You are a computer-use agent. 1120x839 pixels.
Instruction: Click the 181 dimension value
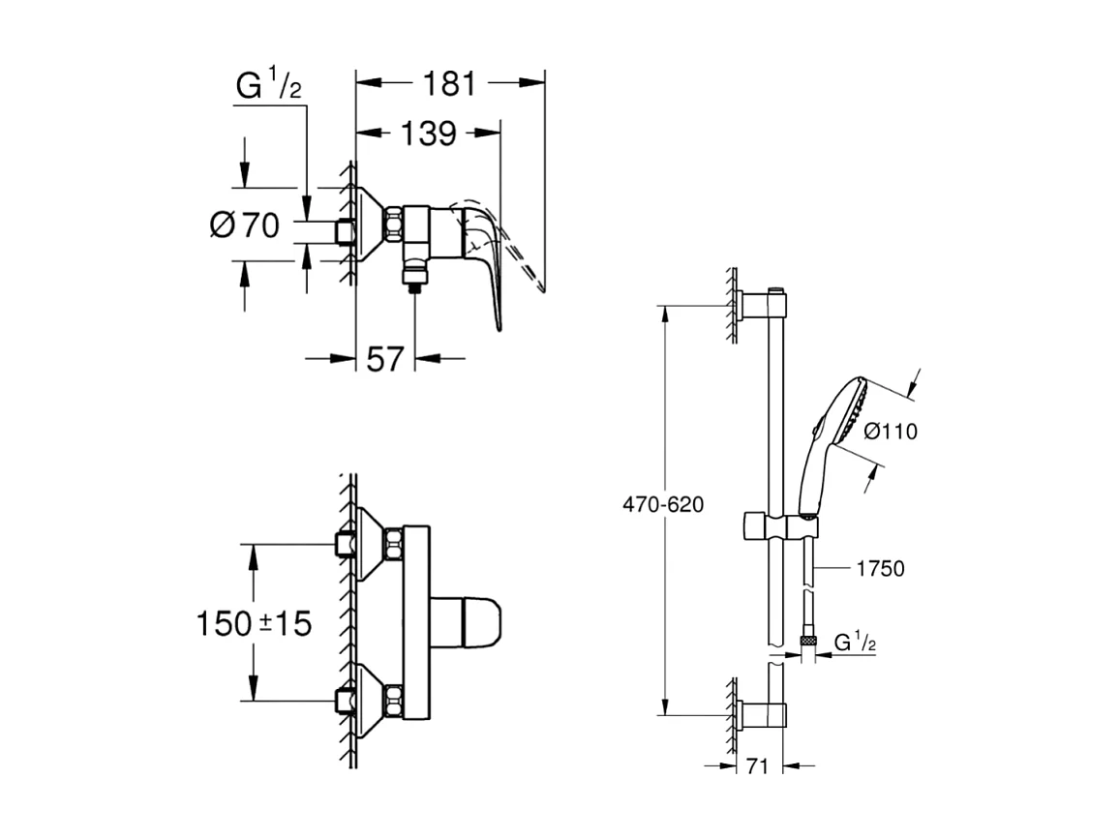click(x=448, y=84)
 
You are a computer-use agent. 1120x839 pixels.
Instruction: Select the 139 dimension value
click(x=428, y=134)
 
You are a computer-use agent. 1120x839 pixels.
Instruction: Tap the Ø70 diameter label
click(x=244, y=225)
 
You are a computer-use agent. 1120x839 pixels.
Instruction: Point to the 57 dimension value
click(x=385, y=359)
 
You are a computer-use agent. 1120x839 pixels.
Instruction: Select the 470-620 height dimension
click(x=664, y=504)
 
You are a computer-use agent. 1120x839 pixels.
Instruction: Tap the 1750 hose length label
click(x=880, y=569)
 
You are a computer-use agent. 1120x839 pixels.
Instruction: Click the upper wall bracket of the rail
click(x=766, y=307)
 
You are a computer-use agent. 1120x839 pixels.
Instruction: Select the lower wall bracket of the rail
click(x=766, y=715)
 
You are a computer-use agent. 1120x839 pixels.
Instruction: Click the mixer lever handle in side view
click(x=489, y=261)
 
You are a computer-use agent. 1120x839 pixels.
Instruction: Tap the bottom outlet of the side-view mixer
click(x=414, y=279)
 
